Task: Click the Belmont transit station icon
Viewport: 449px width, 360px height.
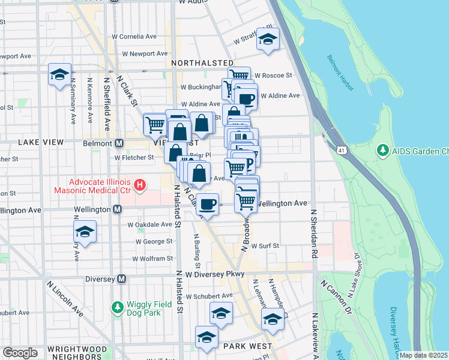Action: (x=119, y=143)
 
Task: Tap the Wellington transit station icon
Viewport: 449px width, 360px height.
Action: (x=117, y=209)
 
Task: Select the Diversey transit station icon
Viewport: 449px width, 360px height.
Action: (x=122, y=278)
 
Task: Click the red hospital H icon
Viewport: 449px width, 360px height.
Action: (x=140, y=185)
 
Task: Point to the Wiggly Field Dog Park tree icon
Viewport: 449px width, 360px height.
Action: (x=117, y=307)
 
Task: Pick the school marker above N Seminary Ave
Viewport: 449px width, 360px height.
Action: (x=60, y=74)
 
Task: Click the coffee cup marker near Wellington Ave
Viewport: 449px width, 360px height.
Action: (x=208, y=204)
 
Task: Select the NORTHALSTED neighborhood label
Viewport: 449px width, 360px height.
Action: (x=202, y=62)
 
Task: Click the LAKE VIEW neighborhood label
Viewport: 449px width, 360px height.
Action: (x=41, y=142)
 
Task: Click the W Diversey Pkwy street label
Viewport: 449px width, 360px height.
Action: (x=216, y=274)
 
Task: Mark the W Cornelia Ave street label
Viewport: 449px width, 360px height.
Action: (x=134, y=36)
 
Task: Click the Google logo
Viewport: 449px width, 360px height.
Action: (x=20, y=353)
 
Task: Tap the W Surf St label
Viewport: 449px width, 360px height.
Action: (x=262, y=246)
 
